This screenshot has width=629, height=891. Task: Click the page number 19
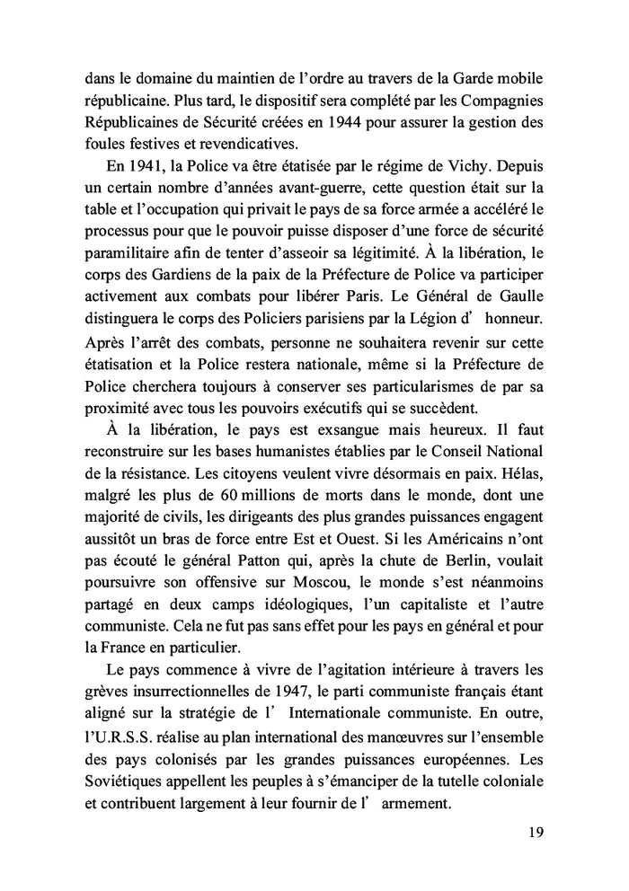click(536, 832)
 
